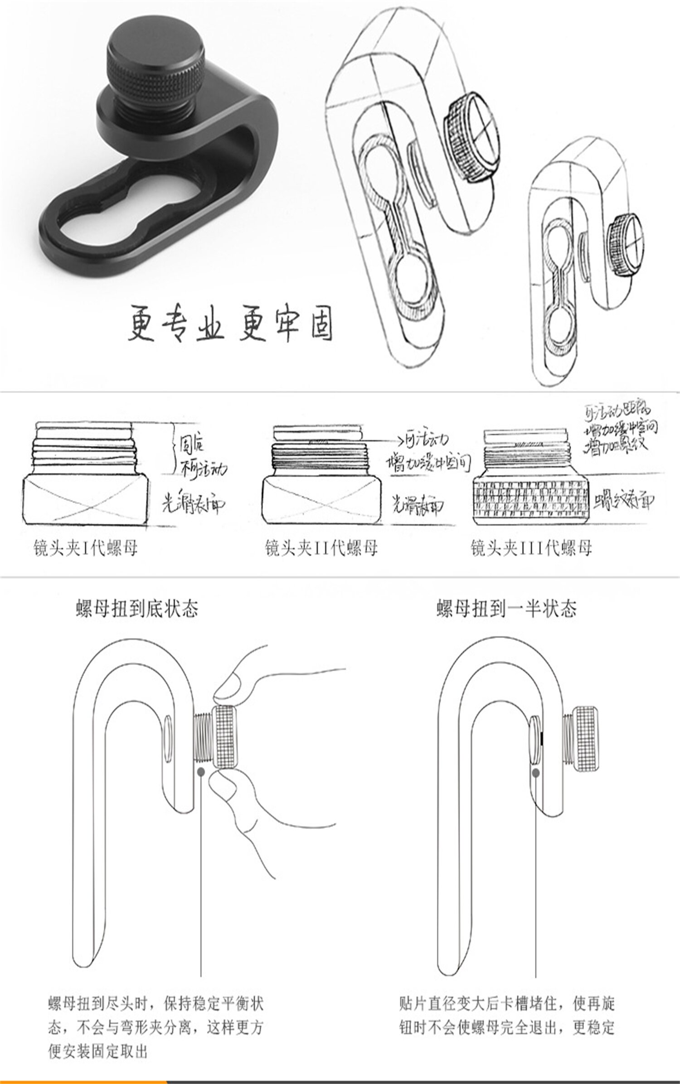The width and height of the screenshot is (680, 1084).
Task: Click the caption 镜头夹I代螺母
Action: point(85,549)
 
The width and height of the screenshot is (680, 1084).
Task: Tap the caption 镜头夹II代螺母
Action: point(321,549)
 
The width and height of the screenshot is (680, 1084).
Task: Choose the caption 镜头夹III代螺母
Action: point(531,549)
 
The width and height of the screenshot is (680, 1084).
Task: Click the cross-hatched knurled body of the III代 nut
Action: point(531,500)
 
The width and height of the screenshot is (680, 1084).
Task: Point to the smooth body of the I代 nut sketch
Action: point(85,500)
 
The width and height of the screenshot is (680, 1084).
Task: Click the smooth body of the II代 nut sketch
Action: point(321,500)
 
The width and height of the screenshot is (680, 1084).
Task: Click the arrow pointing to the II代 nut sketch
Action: point(390,440)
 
